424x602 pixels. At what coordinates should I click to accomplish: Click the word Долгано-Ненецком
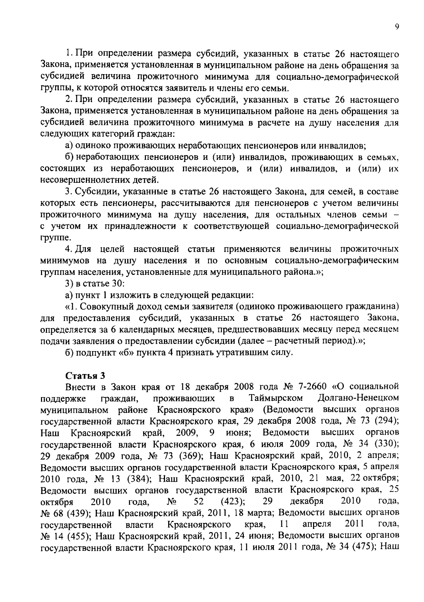[358, 398]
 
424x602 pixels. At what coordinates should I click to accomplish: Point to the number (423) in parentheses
[233, 501]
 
